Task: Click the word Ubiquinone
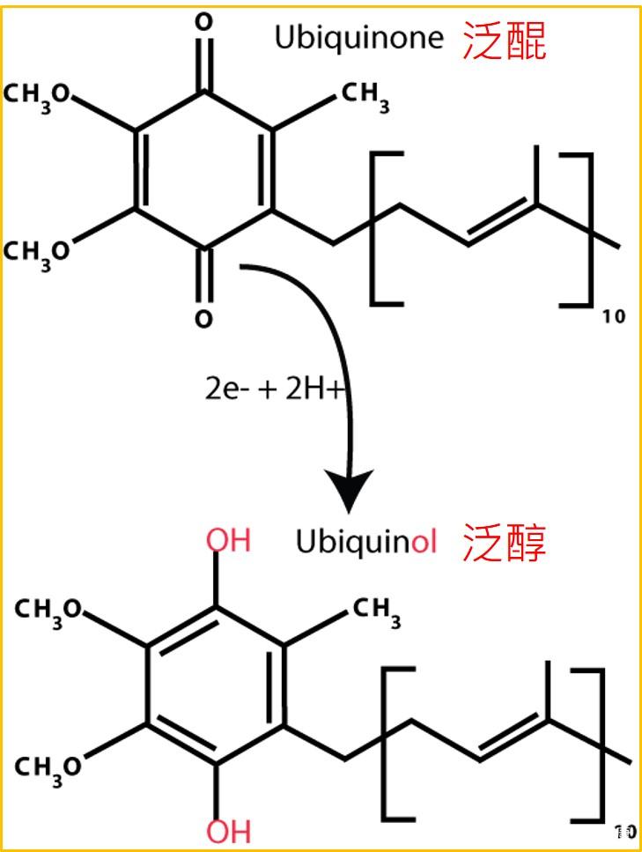tap(358, 40)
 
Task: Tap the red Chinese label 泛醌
tap(505, 41)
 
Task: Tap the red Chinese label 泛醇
tap(505, 545)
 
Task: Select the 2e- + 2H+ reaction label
tap(272, 389)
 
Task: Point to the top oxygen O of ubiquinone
tap(203, 23)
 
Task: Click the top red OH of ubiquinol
tap(228, 539)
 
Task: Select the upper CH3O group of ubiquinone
tap(39, 95)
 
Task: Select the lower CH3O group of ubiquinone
tap(39, 250)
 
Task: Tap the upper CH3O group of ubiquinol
tap(49, 610)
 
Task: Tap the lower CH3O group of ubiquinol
tap(49, 765)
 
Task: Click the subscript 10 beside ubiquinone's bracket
tap(615, 317)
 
